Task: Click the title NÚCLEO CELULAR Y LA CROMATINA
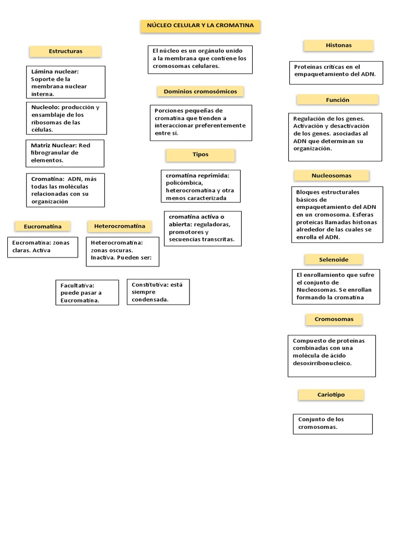tap(200, 25)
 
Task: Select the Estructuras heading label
tap(65, 51)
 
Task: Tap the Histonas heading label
tap(338, 45)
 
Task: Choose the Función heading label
tap(337, 100)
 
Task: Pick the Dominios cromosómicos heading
tap(200, 91)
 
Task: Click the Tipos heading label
tap(200, 155)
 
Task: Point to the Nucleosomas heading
tap(331, 176)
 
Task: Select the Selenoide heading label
tap(334, 259)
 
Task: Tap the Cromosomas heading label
tap(334, 319)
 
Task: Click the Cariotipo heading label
tap(332, 395)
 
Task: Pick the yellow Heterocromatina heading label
tap(120, 226)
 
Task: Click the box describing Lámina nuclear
tap(66, 82)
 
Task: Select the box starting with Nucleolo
tap(66, 118)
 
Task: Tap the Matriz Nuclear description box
tap(65, 153)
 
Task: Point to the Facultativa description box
tap(87, 293)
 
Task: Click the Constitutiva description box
tap(158, 292)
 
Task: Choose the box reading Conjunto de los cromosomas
tap(333, 424)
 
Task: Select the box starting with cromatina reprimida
tap(200, 186)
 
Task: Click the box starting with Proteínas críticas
tap(336, 73)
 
